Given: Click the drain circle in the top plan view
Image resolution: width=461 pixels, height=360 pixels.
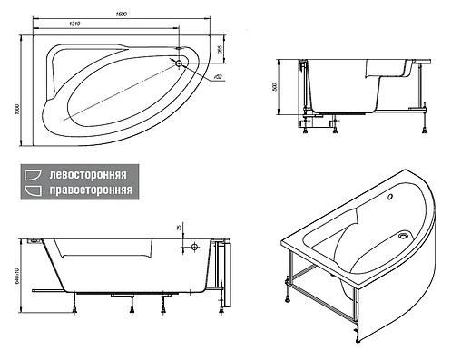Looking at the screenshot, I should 178,63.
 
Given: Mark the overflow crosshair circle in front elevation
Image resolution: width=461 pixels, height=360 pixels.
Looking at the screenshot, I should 192,246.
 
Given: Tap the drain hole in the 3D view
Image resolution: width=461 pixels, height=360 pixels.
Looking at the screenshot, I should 402,237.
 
